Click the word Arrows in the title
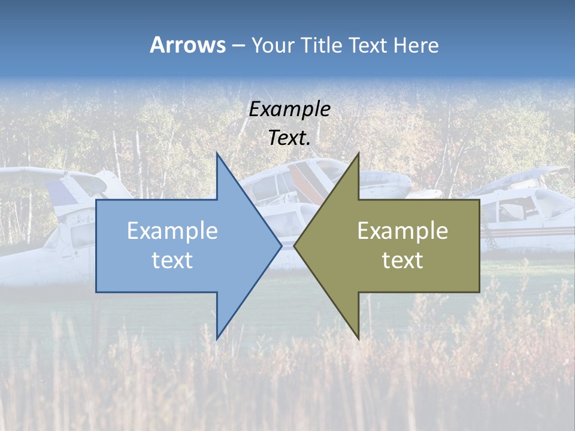pyautogui.click(x=187, y=45)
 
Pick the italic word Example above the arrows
pyautogui.click(x=289, y=109)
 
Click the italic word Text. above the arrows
pyautogui.click(x=289, y=138)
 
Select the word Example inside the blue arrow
pyautogui.click(x=172, y=230)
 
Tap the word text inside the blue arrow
pyautogui.click(x=172, y=260)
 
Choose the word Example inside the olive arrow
pyautogui.click(x=402, y=230)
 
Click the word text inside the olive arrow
pyautogui.click(x=402, y=260)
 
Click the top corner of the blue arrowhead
pyautogui.click(x=217, y=154)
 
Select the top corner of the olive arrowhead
pyautogui.click(x=358, y=154)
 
